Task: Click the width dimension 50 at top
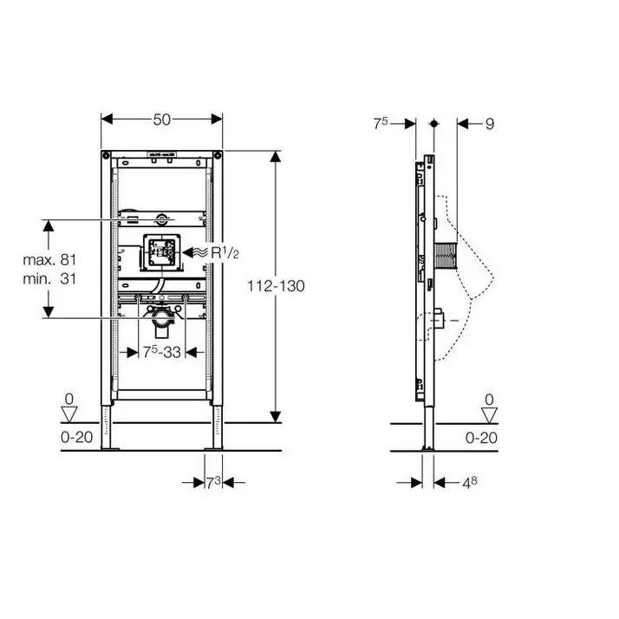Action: (162, 120)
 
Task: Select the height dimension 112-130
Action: (276, 286)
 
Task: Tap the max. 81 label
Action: (49, 260)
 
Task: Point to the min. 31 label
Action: (49, 278)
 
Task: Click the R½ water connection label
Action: (225, 252)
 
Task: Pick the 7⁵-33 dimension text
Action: (162, 352)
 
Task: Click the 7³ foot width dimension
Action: (213, 482)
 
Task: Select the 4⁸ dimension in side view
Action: (470, 483)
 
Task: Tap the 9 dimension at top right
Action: (490, 124)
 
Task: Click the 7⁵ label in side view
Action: (381, 123)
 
